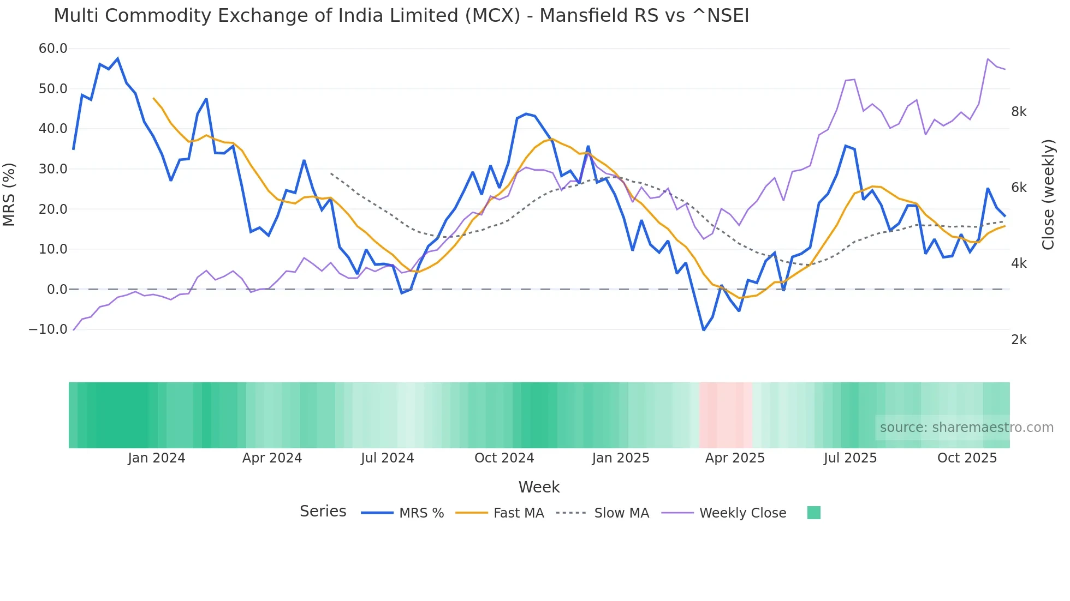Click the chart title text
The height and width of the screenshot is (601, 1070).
pyautogui.click(x=401, y=16)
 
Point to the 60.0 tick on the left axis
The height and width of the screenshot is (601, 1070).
pyautogui.click(x=53, y=49)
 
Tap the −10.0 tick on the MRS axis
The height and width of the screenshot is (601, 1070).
pyautogui.click(x=48, y=329)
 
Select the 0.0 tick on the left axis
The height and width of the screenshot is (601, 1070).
pyautogui.click(x=57, y=290)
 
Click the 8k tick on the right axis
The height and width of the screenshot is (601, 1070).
pyautogui.click(x=1019, y=112)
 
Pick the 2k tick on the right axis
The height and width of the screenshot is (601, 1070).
pyautogui.click(x=1019, y=340)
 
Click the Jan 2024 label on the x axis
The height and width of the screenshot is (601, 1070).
pyautogui.click(x=157, y=458)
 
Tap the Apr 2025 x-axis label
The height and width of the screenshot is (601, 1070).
pyautogui.click(x=735, y=458)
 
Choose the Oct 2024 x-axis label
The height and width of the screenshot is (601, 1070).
pyautogui.click(x=504, y=458)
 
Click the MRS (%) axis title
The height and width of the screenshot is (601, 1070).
pyautogui.click(x=9, y=194)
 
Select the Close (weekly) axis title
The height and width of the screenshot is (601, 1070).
pyautogui.click(x=1048, y=195)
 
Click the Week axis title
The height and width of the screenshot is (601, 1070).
pyautogui.click(x=539, y=487)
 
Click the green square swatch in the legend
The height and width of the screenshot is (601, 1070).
pyautogui.click(x=813, y=513)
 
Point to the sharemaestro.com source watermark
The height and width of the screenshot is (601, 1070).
pyautogui.click(x=966, y=428)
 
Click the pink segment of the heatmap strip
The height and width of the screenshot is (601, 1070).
pyautogui.click(x=726, y=415)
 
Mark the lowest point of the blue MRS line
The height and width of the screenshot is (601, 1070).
pyautogui.click(x=704, y=330)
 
